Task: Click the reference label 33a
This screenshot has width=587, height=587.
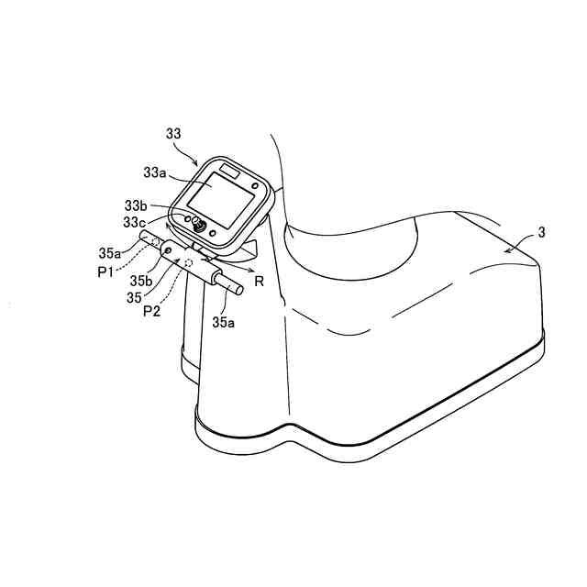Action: [x=155, y=172]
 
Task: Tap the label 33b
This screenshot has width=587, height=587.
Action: [x=137, y=205]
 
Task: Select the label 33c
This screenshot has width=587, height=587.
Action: [x=134, y=222]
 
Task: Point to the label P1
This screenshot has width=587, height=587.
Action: [x=105, y=271]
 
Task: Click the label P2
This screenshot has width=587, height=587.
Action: [x=151, y=311]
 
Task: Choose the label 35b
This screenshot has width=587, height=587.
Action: [x=141, y=281]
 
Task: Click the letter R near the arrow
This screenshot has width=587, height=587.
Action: [x=259, y=281]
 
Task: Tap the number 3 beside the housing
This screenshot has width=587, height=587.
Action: [x=541, y=232]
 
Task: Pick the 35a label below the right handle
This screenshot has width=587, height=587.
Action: [x=224, y=322]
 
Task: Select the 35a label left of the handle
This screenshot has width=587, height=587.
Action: [x=110, y=253]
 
